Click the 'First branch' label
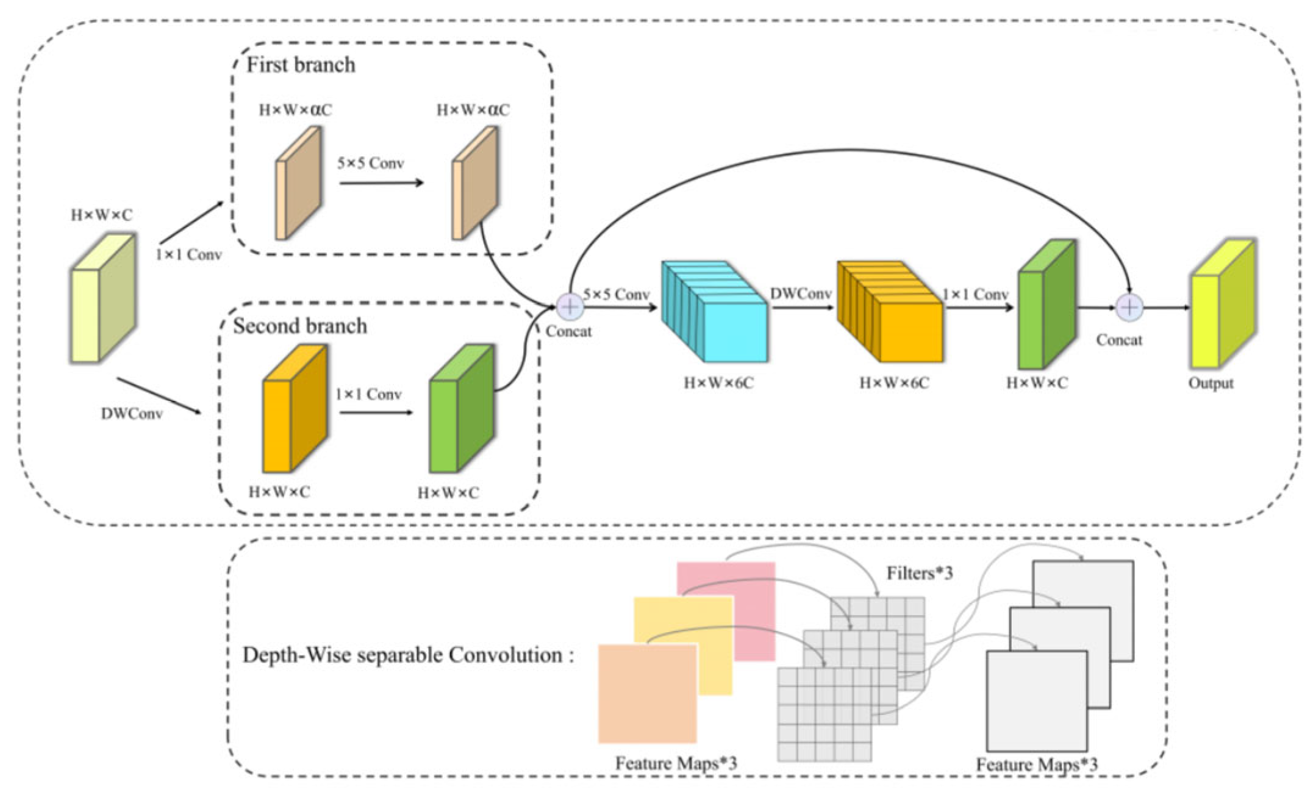tap(301, 65)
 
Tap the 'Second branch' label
tap(300, 326)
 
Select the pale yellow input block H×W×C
tap(102, 298)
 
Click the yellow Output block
tap(1223, 303)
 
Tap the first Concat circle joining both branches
tap(570, 306)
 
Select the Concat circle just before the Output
tap(1129, 307)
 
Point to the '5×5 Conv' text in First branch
tap(371, 163)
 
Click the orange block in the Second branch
tap(295, 408)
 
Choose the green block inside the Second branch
tap(461, 408)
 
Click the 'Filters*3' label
tap(920, 573)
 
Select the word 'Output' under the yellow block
tap(1211, 384)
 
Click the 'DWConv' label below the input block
tap(132, 414)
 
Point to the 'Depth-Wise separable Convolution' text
tap(402, 655)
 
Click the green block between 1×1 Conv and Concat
tap(1046, 304)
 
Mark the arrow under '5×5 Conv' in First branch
tap(382, 182)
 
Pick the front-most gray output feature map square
tap(1037, 701)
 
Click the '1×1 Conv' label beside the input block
tap(188, 254)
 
